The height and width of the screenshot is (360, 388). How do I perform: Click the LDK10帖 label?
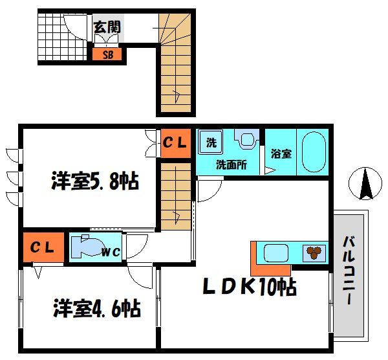[250, 286]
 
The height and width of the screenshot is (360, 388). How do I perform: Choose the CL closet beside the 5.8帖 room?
[174, 143]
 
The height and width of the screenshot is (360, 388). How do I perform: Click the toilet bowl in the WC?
[84, 246]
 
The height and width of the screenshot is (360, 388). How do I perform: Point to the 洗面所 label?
[231, 164]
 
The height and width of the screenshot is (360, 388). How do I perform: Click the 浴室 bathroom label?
[281, 154]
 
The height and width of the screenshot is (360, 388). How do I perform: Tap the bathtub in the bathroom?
[313, 152]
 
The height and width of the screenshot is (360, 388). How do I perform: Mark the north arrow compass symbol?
[365, 183]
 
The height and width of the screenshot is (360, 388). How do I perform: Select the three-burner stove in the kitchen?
[315, 253]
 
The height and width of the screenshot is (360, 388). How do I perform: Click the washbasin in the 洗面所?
[246, 139]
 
